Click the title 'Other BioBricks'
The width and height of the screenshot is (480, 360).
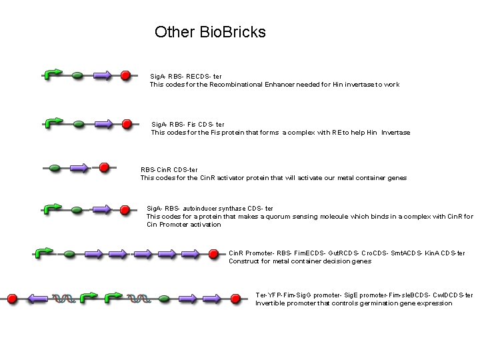[x=210, y=32]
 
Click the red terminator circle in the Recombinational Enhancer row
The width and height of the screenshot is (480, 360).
[x=125, y=75]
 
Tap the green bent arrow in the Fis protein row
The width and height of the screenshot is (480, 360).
[x=53, y=123]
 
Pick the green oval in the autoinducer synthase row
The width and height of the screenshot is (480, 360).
[x=77, y=210]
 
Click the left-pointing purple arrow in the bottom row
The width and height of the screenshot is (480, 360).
[x=38, y=299]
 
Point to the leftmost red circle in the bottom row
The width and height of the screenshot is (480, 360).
[x=11, y=299]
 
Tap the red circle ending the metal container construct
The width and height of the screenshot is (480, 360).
[x=213, y=254]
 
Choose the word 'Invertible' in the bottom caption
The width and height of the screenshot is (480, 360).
[x=271, y=303]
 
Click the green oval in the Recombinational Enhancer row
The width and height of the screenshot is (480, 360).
[x=78, y=75]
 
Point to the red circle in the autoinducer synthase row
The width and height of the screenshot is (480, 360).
[x=125, y=210]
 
